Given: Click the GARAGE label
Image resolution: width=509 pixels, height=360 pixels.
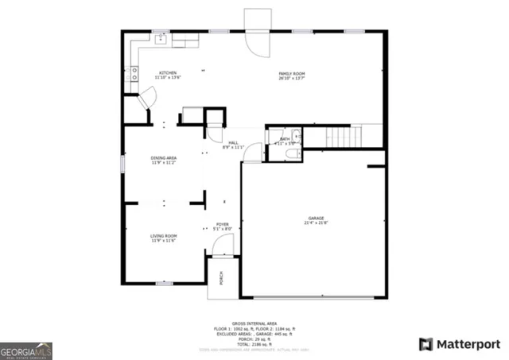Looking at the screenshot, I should click(317, 220).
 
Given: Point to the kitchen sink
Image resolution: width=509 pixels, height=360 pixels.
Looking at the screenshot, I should click(161, 37).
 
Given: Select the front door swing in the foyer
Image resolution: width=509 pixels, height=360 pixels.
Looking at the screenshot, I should click(223, 248).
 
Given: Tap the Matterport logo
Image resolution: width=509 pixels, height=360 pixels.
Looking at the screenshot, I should click(459, 344).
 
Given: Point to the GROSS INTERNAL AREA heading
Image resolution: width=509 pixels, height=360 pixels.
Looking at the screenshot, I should click(254, 323).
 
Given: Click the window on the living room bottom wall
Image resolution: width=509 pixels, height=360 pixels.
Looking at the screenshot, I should click(164, 283).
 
